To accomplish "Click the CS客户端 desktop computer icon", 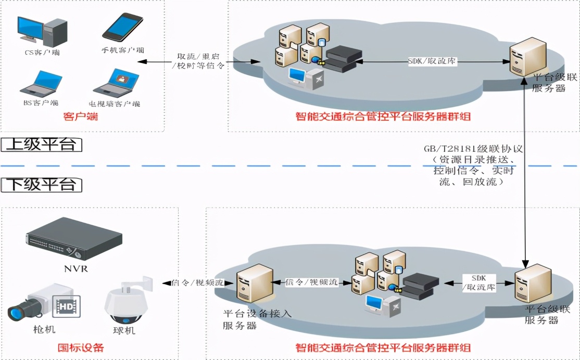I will (42, 31).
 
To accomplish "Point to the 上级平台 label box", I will (42, 144).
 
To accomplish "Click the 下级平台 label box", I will (42, 184).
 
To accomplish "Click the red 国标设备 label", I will (81, 348).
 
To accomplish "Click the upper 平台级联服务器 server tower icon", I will (527, 57).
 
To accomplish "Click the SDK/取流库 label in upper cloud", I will (432, 61).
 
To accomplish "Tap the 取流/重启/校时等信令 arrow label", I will (201, 61).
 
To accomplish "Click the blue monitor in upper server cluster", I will (298, 76).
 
